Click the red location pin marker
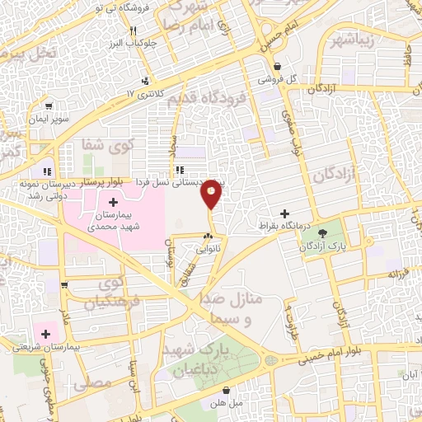pos(212,193)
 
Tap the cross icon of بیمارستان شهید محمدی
pos(113,201)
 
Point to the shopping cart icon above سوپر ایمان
pos(49,106)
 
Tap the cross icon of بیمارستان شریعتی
pos(45,334)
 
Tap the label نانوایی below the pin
pos(205,252)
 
